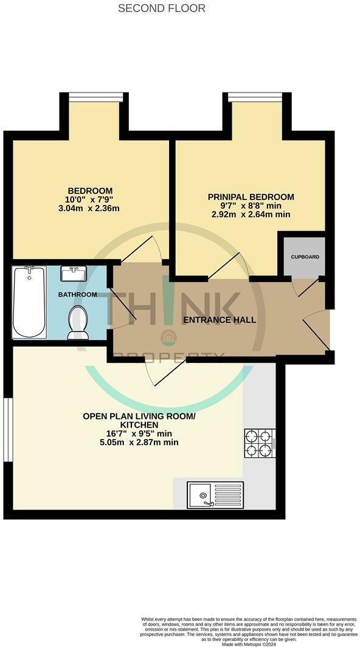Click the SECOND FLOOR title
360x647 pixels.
(161, 9)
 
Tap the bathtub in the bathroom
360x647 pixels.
(29, 302)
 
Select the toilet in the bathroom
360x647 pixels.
(78, 322)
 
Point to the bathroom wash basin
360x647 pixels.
(74, 274)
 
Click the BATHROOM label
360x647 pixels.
(77, 295)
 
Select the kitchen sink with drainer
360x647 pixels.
(216, 494)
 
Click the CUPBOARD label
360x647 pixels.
(304, 257)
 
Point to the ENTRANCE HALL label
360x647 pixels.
(221, 320)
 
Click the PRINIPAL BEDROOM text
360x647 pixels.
(251, 197)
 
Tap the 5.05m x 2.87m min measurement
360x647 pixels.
(131, 443)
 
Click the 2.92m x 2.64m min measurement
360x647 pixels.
(251, 215)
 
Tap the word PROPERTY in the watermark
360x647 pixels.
(170, 357)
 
